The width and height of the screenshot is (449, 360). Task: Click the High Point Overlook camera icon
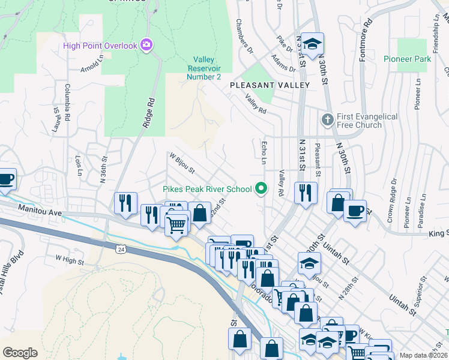point(146,45)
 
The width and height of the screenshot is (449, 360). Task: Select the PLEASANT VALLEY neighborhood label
point(270,85)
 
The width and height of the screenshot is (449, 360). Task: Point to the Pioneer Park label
point(407,59)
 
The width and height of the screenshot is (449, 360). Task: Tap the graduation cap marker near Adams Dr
point(312,43)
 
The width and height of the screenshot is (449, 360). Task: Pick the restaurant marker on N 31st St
point(305,193)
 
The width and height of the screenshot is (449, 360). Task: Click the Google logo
point(20,352)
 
